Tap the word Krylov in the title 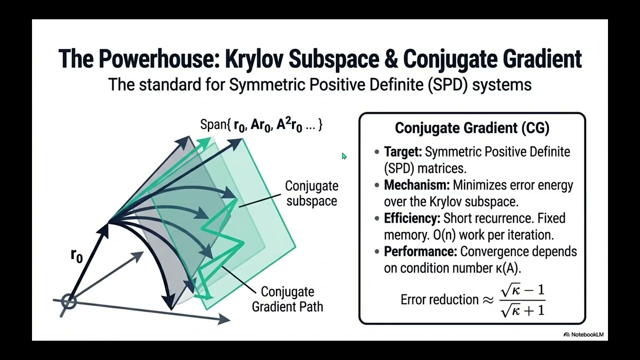click(254, 59)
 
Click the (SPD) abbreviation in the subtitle click(447, 84)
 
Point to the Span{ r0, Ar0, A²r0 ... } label click(261, 125)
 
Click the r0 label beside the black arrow click(76, 255)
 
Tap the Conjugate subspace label click(311, 193)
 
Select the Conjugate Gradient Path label click(287, 299)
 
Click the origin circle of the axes click(69, 301)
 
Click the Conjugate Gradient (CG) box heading click(472, 127)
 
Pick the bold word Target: click(403, 151)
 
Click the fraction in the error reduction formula click(522, 300)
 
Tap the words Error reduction click(439, 299)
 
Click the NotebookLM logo click(583, 334)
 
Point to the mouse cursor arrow click(344, 156)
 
